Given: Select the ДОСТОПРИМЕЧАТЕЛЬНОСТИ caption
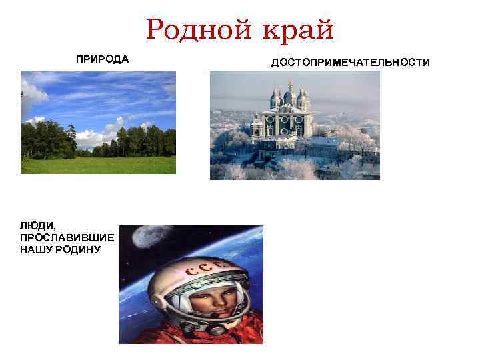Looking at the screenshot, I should click(x=351, y=62).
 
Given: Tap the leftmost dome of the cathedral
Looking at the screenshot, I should click(x=275, y=100).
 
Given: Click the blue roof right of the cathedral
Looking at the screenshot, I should click(x=327, y=141).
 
